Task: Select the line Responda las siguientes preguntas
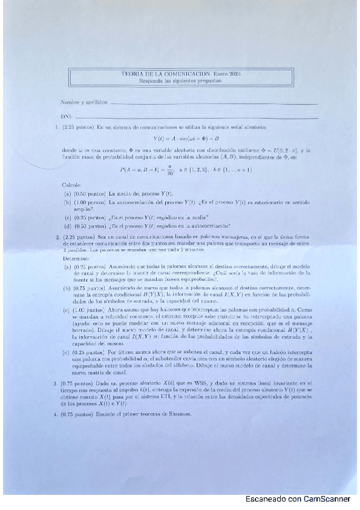click(180, 80)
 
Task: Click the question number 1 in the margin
click(55, 127)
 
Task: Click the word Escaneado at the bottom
click(267, 499)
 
